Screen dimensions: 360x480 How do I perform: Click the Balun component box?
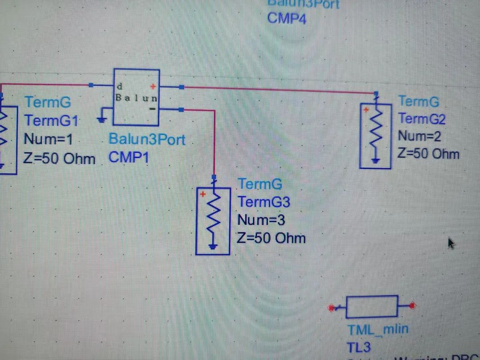(136, 97)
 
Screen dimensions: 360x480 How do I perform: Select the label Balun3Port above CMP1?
(147, 139)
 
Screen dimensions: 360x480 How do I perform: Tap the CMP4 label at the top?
(287, 19)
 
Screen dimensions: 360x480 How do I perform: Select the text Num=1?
(48, 139)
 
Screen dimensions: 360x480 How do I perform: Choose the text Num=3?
(261, 220)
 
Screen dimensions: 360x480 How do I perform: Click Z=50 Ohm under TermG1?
(59, 158)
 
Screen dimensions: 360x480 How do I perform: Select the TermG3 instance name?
(264, 202)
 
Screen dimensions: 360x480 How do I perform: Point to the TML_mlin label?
(378, 329)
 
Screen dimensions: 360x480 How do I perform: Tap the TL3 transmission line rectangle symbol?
(372, 307)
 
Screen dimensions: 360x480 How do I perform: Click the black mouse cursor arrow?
(451, 243)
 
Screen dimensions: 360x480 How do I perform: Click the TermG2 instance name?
(422, 119)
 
